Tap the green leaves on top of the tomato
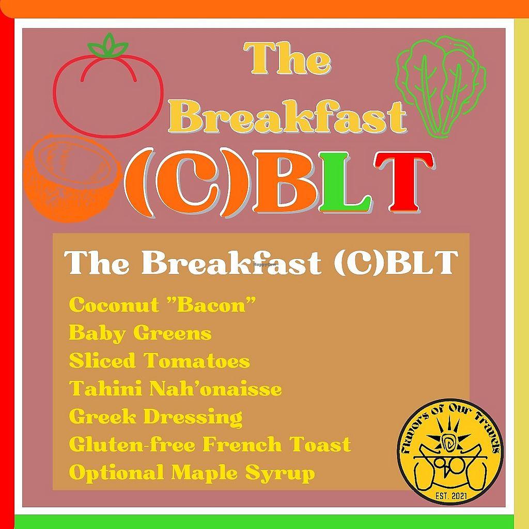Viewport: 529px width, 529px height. point(108,45)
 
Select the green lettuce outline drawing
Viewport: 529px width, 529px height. point(441,87)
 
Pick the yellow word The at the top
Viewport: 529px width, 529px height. point(287,58)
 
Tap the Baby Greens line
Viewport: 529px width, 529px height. point(140,333)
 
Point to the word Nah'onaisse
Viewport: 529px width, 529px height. point(215,388)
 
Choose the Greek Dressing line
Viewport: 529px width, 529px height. point(155,417)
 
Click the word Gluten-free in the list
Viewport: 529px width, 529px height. point(132,444)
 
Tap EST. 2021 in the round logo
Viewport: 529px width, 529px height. point(450,495)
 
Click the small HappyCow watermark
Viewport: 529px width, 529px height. point(264,264)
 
